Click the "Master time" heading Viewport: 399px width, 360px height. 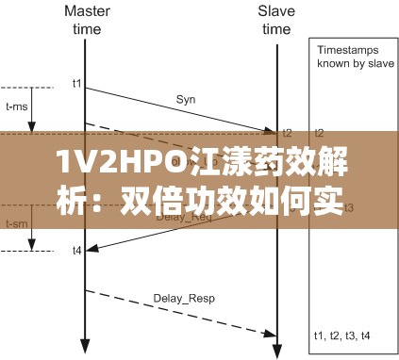pyautogui.click(x=85, y=20)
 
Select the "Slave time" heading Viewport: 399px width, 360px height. pyautogui.click(x=275, y=20)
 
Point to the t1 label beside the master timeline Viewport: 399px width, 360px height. pyautogui.click(x=75, y=84)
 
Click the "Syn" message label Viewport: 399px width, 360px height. pyautogui.click(x=186, y=97)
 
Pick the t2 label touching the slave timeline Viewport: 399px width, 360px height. pyautogui.click(x=288, y=133)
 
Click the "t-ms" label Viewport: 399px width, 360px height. pyautogui.click(x=17, y=106)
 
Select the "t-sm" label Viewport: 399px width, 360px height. pyautogui.click(x=17, y=224)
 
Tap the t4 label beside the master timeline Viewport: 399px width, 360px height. pyautogui.click(x=75, y=250)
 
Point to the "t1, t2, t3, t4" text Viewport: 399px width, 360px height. pyautogui.click(x=341, y=334)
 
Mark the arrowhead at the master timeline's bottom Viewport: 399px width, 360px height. pyautogui.click(x=86, y=344)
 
